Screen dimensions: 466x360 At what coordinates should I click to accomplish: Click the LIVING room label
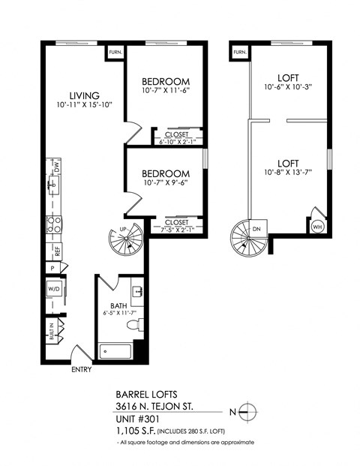pyautogui.click(x=85, y=95)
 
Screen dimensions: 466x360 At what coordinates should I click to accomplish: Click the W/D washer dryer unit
pyautogui.click(x=54, y=288)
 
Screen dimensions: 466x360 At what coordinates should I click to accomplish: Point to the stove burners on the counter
pyautogui.click(x=55, y=223)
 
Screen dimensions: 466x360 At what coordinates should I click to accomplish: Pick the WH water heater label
pyautogui.click(x=316, y=225)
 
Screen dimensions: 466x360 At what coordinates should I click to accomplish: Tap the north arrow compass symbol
pyautogui.click(x=250, y=411)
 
